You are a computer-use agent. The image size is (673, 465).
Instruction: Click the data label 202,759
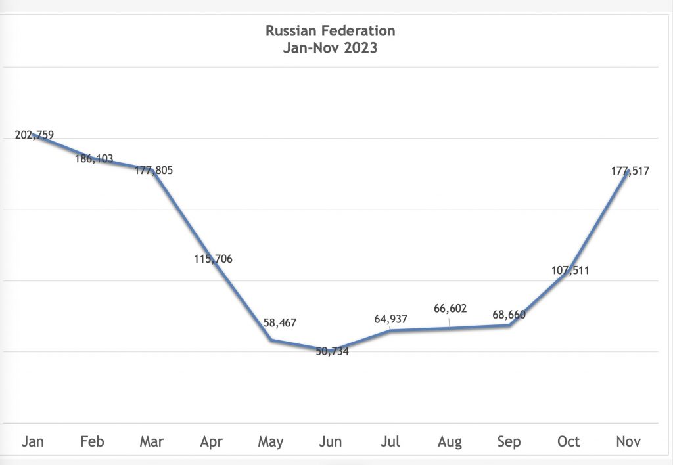click(x=34, y=135)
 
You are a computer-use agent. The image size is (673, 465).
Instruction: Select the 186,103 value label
click(x=93, y=158)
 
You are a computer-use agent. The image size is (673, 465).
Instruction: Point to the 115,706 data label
click(x=213, y=259)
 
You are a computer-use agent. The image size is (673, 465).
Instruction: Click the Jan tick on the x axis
click(x=32, y=441)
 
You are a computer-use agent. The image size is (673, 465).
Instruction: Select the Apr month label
click(x=211, y=441)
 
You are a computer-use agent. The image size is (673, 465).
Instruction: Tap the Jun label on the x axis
click(x=330, y=441)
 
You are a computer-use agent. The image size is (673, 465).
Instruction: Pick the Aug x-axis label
click(x=450, y=441)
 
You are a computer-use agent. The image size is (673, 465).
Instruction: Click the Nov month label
click(x=628, y=441)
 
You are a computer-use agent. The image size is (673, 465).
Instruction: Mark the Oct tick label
click(x=569, y=441)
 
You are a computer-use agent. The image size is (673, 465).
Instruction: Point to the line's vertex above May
click(x=271, y=340)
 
